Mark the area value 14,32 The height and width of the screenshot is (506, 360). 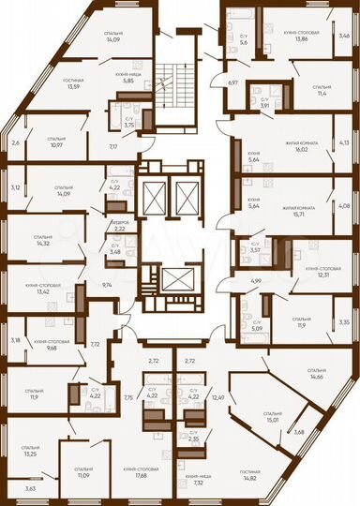pyautogui.click(x=41, y=244)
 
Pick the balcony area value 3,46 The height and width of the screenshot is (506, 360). pyautogui.click(x=344, y=36)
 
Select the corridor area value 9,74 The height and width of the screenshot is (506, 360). pyautogui.click(x=107, y=284)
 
